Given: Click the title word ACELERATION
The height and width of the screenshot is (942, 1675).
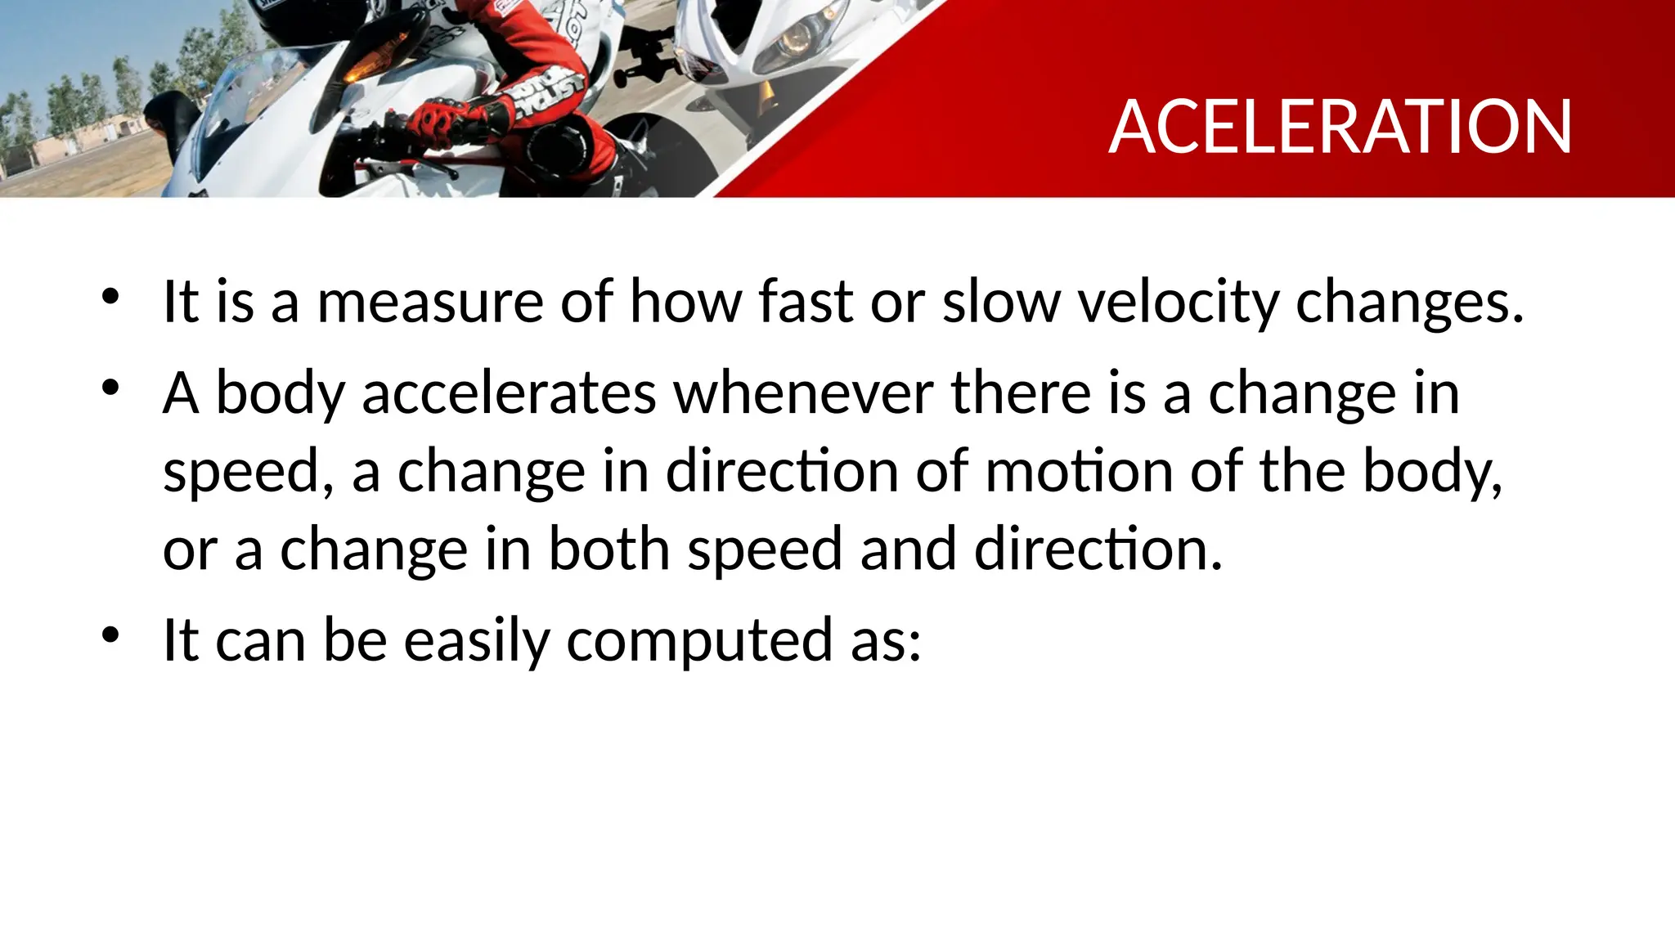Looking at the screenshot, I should [1340, 127].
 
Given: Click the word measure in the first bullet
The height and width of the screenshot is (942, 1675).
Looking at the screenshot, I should [430, 302].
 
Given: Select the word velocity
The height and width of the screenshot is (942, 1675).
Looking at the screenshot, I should [1178, 302].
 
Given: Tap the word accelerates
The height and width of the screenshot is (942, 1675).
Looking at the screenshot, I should [509, 393].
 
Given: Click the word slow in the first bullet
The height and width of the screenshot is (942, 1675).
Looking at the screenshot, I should [1002, 302].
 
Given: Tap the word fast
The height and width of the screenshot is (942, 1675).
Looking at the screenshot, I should [806, 302].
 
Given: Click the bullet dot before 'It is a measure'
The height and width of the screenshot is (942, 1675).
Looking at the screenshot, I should [110, 296].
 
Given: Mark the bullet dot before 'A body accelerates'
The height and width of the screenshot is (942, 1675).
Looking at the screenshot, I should [110, 388].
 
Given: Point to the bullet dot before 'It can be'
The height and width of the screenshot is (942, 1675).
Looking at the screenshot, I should [110, 635].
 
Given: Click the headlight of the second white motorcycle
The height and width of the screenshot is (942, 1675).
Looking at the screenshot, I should [792, 37].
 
